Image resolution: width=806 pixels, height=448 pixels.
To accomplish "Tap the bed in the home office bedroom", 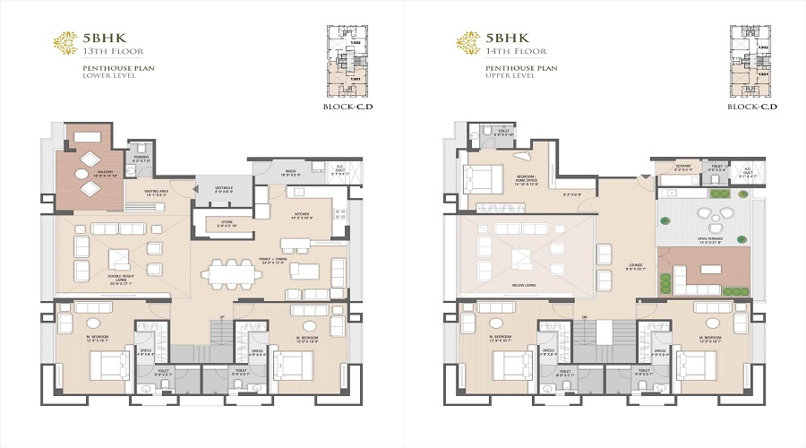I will click(x=482, y=180).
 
